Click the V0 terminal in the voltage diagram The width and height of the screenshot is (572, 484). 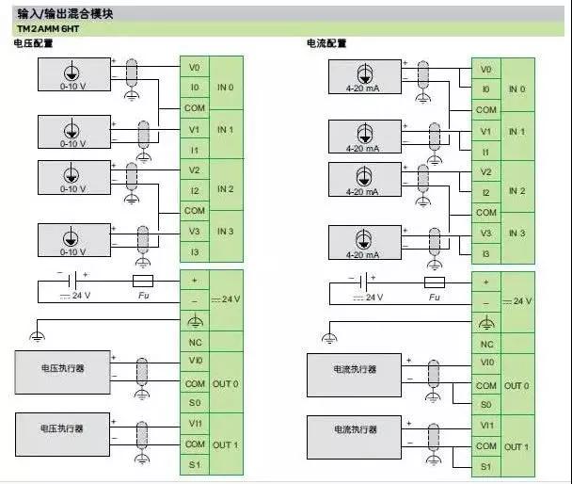pos(194,68)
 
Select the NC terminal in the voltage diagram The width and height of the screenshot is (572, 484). pos(195,343)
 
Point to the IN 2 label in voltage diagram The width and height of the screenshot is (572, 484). pos(225,189)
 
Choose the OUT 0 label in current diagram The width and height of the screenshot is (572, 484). pos(516,386)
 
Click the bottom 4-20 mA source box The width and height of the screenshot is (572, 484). pos(362,241)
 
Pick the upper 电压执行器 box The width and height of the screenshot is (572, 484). pos(62,368)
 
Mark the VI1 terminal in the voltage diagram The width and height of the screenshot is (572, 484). pos(195,424)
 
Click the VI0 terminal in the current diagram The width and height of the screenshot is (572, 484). pos(485,363)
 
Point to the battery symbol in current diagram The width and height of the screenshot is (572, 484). pos(360,282)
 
